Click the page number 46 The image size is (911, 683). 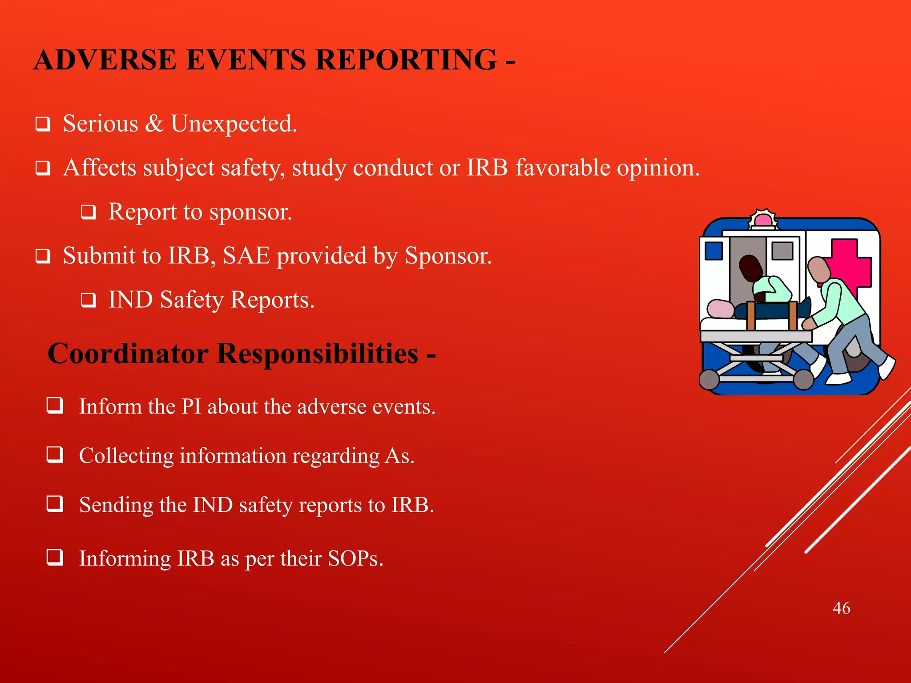pos(841,608)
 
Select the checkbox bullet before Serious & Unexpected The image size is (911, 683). pos(43,125)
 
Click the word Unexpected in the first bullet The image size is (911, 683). pos(234,124)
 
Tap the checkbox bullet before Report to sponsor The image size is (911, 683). pos(88,213)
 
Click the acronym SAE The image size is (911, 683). pos(246,256)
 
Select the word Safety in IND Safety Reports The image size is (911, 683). pos(192,300)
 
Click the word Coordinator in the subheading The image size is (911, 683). pos(128,354)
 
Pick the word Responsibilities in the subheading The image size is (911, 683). pos(318,354)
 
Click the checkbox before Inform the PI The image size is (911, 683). pos(55,406)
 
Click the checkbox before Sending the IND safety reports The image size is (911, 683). pos(55,504)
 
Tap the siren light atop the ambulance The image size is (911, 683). pos(763,220)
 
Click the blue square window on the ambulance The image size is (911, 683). pos(714,251)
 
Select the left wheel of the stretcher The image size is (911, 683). pos(709,379)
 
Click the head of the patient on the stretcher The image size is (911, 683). pos(720,309)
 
